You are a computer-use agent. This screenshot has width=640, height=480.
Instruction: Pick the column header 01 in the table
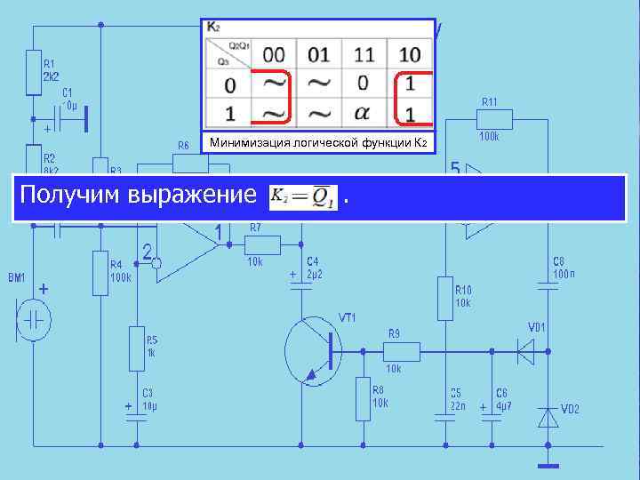[x=318, y=55]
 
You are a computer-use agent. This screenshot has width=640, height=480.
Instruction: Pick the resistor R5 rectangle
[x=136, y=344]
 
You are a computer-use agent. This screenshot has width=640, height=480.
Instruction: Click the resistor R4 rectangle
[x=100, y=273]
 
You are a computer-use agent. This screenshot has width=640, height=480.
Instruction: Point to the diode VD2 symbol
[x=549, y=416]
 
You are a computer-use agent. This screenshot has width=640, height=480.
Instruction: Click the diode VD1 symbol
[x=526, y=352]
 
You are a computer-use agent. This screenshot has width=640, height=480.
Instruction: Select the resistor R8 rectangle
[x=363, y=398]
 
